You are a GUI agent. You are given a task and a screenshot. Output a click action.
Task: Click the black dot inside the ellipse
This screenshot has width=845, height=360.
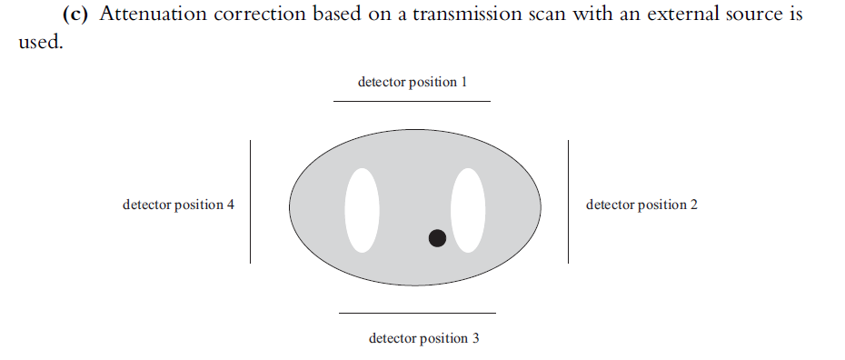pos(437,238)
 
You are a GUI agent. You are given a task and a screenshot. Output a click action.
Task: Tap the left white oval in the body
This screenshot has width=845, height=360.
pos(361,210)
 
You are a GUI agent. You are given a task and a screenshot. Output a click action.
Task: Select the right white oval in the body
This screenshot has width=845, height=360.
pos(468,210)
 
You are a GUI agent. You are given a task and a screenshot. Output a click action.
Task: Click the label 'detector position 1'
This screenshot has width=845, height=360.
pos(413,82)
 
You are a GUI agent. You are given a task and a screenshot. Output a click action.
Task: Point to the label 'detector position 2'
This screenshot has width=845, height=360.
pos(641,205)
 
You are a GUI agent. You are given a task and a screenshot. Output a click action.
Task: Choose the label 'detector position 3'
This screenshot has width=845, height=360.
pos(423,339)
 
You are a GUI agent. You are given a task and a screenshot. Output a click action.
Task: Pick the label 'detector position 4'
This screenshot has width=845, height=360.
pos(178,205)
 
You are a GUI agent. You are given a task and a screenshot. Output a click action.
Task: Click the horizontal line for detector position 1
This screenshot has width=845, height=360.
pos(412,101)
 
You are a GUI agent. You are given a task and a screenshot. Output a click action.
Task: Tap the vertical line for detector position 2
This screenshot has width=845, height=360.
pos(569,202)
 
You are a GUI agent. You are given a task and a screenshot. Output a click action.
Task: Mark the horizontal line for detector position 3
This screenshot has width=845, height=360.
pos(417,313)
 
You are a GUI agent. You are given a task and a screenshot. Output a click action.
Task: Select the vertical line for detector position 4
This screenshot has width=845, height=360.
pos(250,202)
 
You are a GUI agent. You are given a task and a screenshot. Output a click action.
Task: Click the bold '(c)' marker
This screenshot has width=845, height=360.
pos(76,15)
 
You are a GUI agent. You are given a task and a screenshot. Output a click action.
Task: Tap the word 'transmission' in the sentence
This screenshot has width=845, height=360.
pos(487,15)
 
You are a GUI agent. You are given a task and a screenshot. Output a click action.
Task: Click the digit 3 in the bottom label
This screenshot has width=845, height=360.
pos(475,339)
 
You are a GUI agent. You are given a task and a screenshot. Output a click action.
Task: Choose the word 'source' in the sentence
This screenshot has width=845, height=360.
pos(759,15)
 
